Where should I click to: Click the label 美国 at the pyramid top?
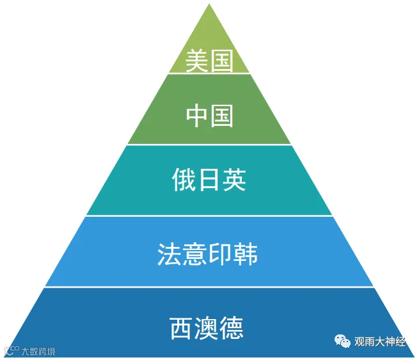pyautogui.click(x=209, y=61)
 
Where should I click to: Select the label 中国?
pyautogui.click(x=209, y=116)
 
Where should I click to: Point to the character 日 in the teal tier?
pyautogui.click(x=209, y=180)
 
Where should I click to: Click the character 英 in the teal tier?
pyautogui.click(x=234, y=180)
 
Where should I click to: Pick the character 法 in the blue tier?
pyautogui.click(x=169, y=254)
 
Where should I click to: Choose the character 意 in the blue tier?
pyautogui.click(x=195, y=254)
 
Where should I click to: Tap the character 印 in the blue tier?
pyautogui.click(x=221, y=254)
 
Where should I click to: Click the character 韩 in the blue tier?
pyautogui.click(x=248, y=254)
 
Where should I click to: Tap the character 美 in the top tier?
pyautogui.click(x=196, y=61)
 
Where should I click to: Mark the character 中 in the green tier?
pyautogui.click(x=196, y=116)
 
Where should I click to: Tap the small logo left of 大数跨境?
pyautogui.click(x=10, y=350)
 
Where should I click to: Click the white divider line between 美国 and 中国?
pyautogui.click(x=209, y=74)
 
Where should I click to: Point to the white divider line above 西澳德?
pyautogui.click(x=209, y=287)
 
